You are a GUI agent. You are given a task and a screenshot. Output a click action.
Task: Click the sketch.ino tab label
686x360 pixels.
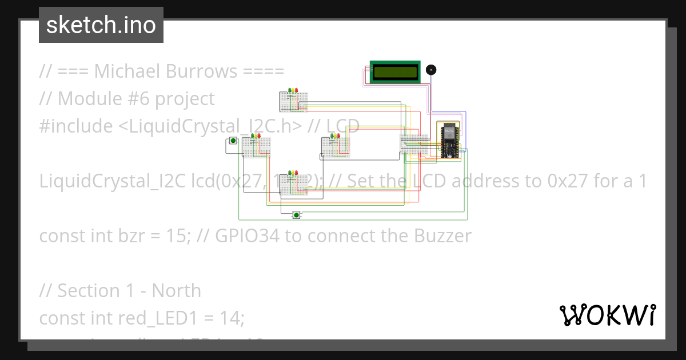101,25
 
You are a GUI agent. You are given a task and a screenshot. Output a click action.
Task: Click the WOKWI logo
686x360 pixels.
607,314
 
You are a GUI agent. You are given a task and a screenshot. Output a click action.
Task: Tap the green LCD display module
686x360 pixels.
395,72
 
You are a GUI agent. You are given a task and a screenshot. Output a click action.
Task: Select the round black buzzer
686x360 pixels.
431,70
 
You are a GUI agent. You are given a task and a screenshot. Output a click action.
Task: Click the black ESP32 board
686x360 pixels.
449,141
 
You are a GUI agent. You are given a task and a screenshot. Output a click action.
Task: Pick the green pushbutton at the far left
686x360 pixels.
233,141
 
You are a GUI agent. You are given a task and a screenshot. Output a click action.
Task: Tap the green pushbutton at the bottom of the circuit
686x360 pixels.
296,215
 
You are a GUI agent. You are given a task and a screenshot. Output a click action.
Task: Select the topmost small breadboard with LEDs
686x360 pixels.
293,101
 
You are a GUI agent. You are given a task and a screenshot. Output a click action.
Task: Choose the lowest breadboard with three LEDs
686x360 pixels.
293,183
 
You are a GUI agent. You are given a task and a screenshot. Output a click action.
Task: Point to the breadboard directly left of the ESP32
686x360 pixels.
414,144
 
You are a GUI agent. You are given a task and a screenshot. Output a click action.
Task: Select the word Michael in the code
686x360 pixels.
127,71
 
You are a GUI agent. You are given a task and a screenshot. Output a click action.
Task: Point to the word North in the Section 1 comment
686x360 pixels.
176,291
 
